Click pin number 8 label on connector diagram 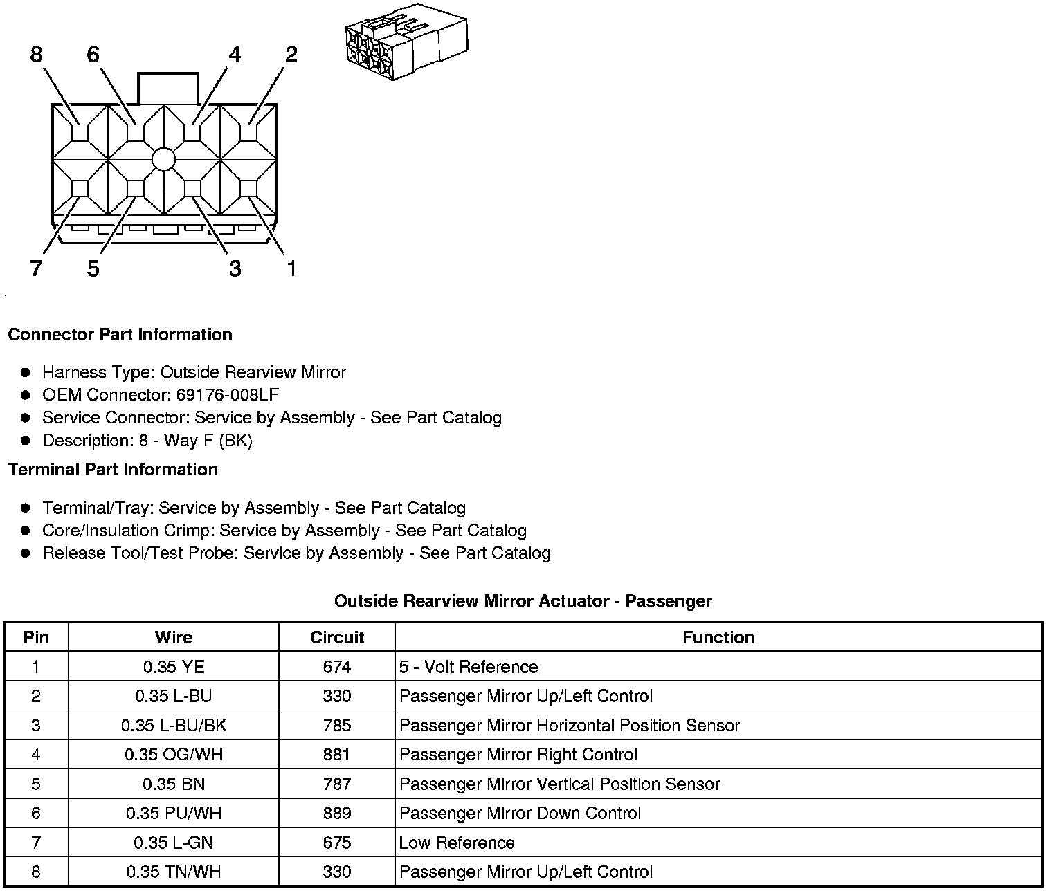[x=37, y=54]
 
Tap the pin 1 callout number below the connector [x=291, y=268]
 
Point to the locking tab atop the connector [x=168, y=89]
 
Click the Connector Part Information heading [x=120, y=335]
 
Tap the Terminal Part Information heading [x=113, y=470]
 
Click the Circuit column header [x=337, y=637]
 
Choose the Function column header [x=718, y=637]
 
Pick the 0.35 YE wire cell [x=174, y=667]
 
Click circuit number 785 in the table [x=337, y=726]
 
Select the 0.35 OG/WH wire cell [x=174, y=755]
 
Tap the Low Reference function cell [x=457, y=843]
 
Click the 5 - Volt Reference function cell [x=469, y=667]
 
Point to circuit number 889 [x=337, y=814]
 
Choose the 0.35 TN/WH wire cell [x=174, y=872]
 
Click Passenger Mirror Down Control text [x=520, y=814]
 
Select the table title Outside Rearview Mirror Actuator [x=523, y=601]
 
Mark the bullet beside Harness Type [x=26, y=373]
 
